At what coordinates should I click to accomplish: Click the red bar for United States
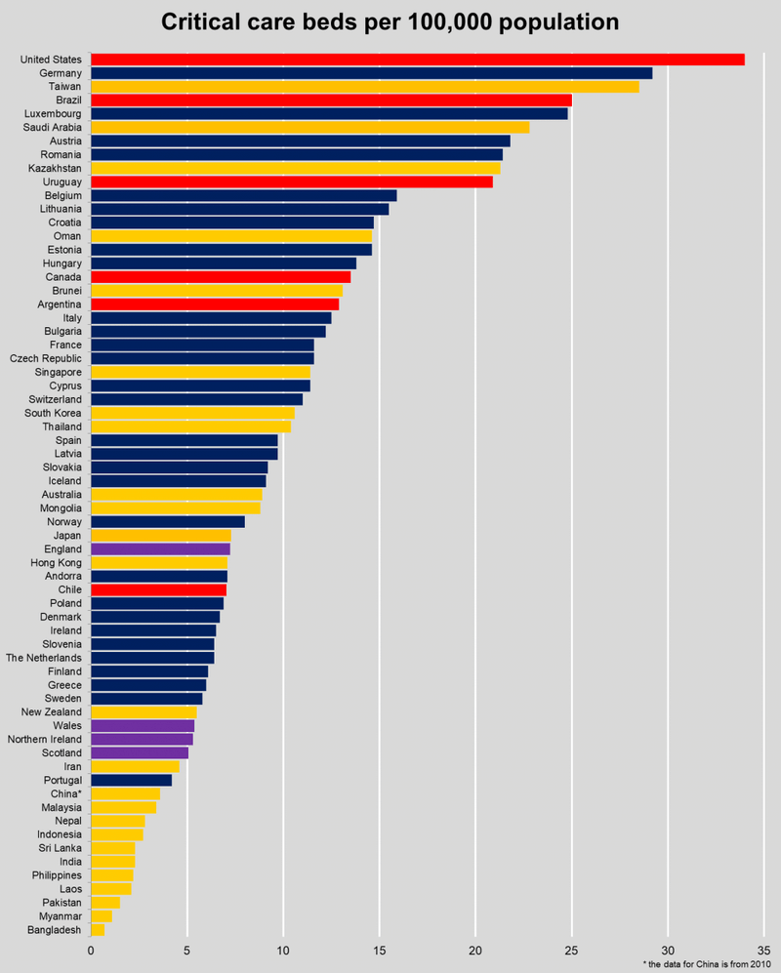[417, 60]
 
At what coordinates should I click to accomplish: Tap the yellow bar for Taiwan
[364, 87]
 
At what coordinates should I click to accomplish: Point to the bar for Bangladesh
[98, 930]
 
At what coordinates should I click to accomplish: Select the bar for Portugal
[131, 780]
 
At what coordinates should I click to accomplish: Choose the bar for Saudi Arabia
[309, 127]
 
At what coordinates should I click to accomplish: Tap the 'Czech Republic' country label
[46, 358]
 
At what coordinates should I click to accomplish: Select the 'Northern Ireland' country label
[43, 739]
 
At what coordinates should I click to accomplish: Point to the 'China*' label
[65, 793]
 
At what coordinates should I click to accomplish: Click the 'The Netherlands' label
[44, 658]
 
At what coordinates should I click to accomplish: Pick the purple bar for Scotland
[140, 752]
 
